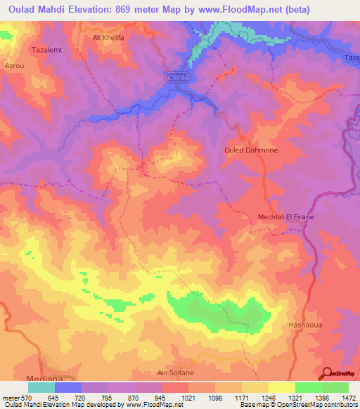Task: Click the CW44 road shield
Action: pyautogui.click(x=179, y=77)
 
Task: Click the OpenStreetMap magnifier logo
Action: pyautogui.click(x=326, y=373)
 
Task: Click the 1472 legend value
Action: pyautogui.click(x=348, y=398)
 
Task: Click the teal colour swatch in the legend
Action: pyautogui.click(x=41, y=387)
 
